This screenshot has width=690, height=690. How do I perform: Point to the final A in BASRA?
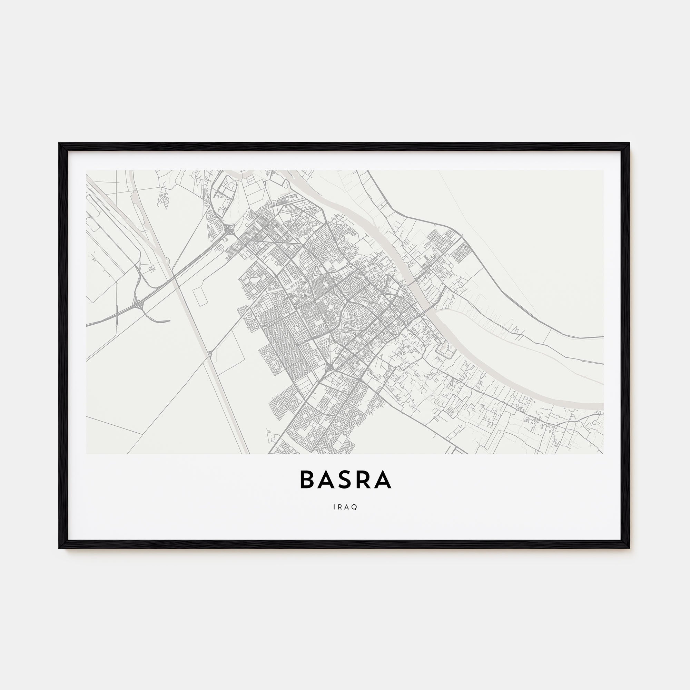[385, 480]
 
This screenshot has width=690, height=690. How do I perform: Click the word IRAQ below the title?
[345, 507]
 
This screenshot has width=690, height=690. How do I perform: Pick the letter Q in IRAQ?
[355, 507]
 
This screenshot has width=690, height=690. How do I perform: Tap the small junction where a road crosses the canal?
[210, 354]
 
